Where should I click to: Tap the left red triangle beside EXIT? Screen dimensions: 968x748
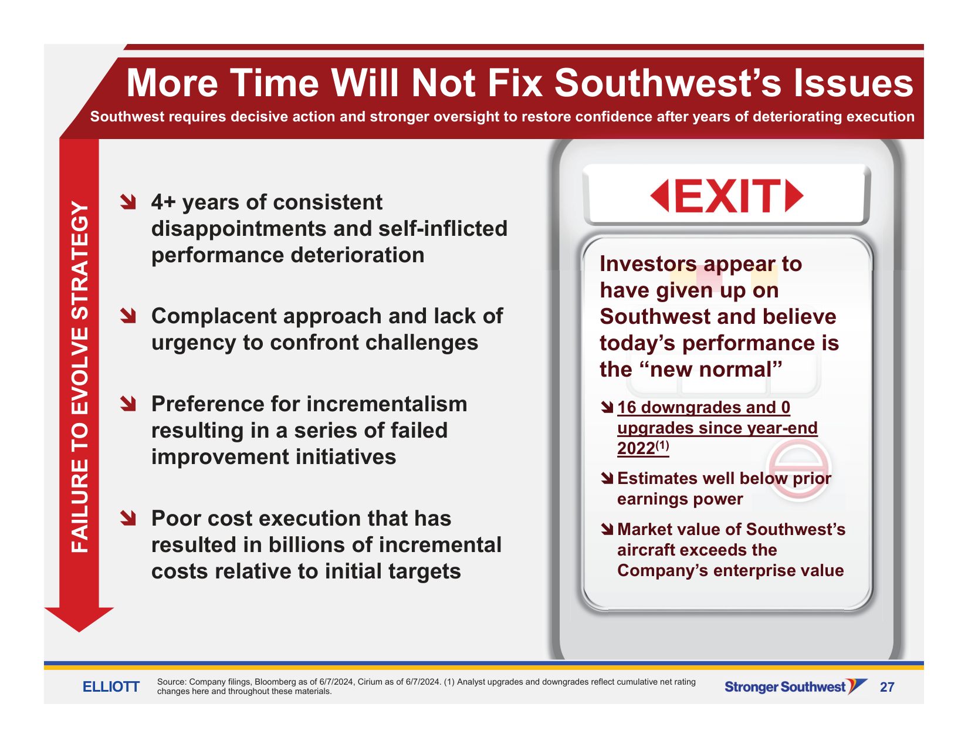click(x=660, y=196)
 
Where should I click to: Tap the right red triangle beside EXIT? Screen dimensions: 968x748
click(x=794, y=196)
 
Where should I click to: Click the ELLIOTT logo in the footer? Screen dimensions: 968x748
click(x=111, y=686)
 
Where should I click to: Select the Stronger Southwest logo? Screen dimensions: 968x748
click(x=796, y=686)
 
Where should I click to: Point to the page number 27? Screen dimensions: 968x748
click(x=887, y=687)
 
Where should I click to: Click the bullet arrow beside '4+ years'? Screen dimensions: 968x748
click(x=128, y=202)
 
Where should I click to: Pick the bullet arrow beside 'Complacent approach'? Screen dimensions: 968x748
click(x=128, y=316)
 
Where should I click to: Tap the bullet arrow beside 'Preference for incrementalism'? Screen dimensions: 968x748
click(x=128, y=404)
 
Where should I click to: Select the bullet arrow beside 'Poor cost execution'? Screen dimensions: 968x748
click(x=128, y=517)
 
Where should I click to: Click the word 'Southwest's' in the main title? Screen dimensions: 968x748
click(x=668, y=83)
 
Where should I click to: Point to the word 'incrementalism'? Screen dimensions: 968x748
click(x=387, y=404)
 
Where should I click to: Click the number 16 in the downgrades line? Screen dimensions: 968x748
click(x=627, y=407)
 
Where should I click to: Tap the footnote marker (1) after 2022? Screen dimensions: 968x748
click(x=662, y=445)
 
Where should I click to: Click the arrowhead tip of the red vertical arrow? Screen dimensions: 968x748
click(x=79, y=631)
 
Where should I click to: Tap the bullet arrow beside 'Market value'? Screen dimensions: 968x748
click(x=607, y=529)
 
